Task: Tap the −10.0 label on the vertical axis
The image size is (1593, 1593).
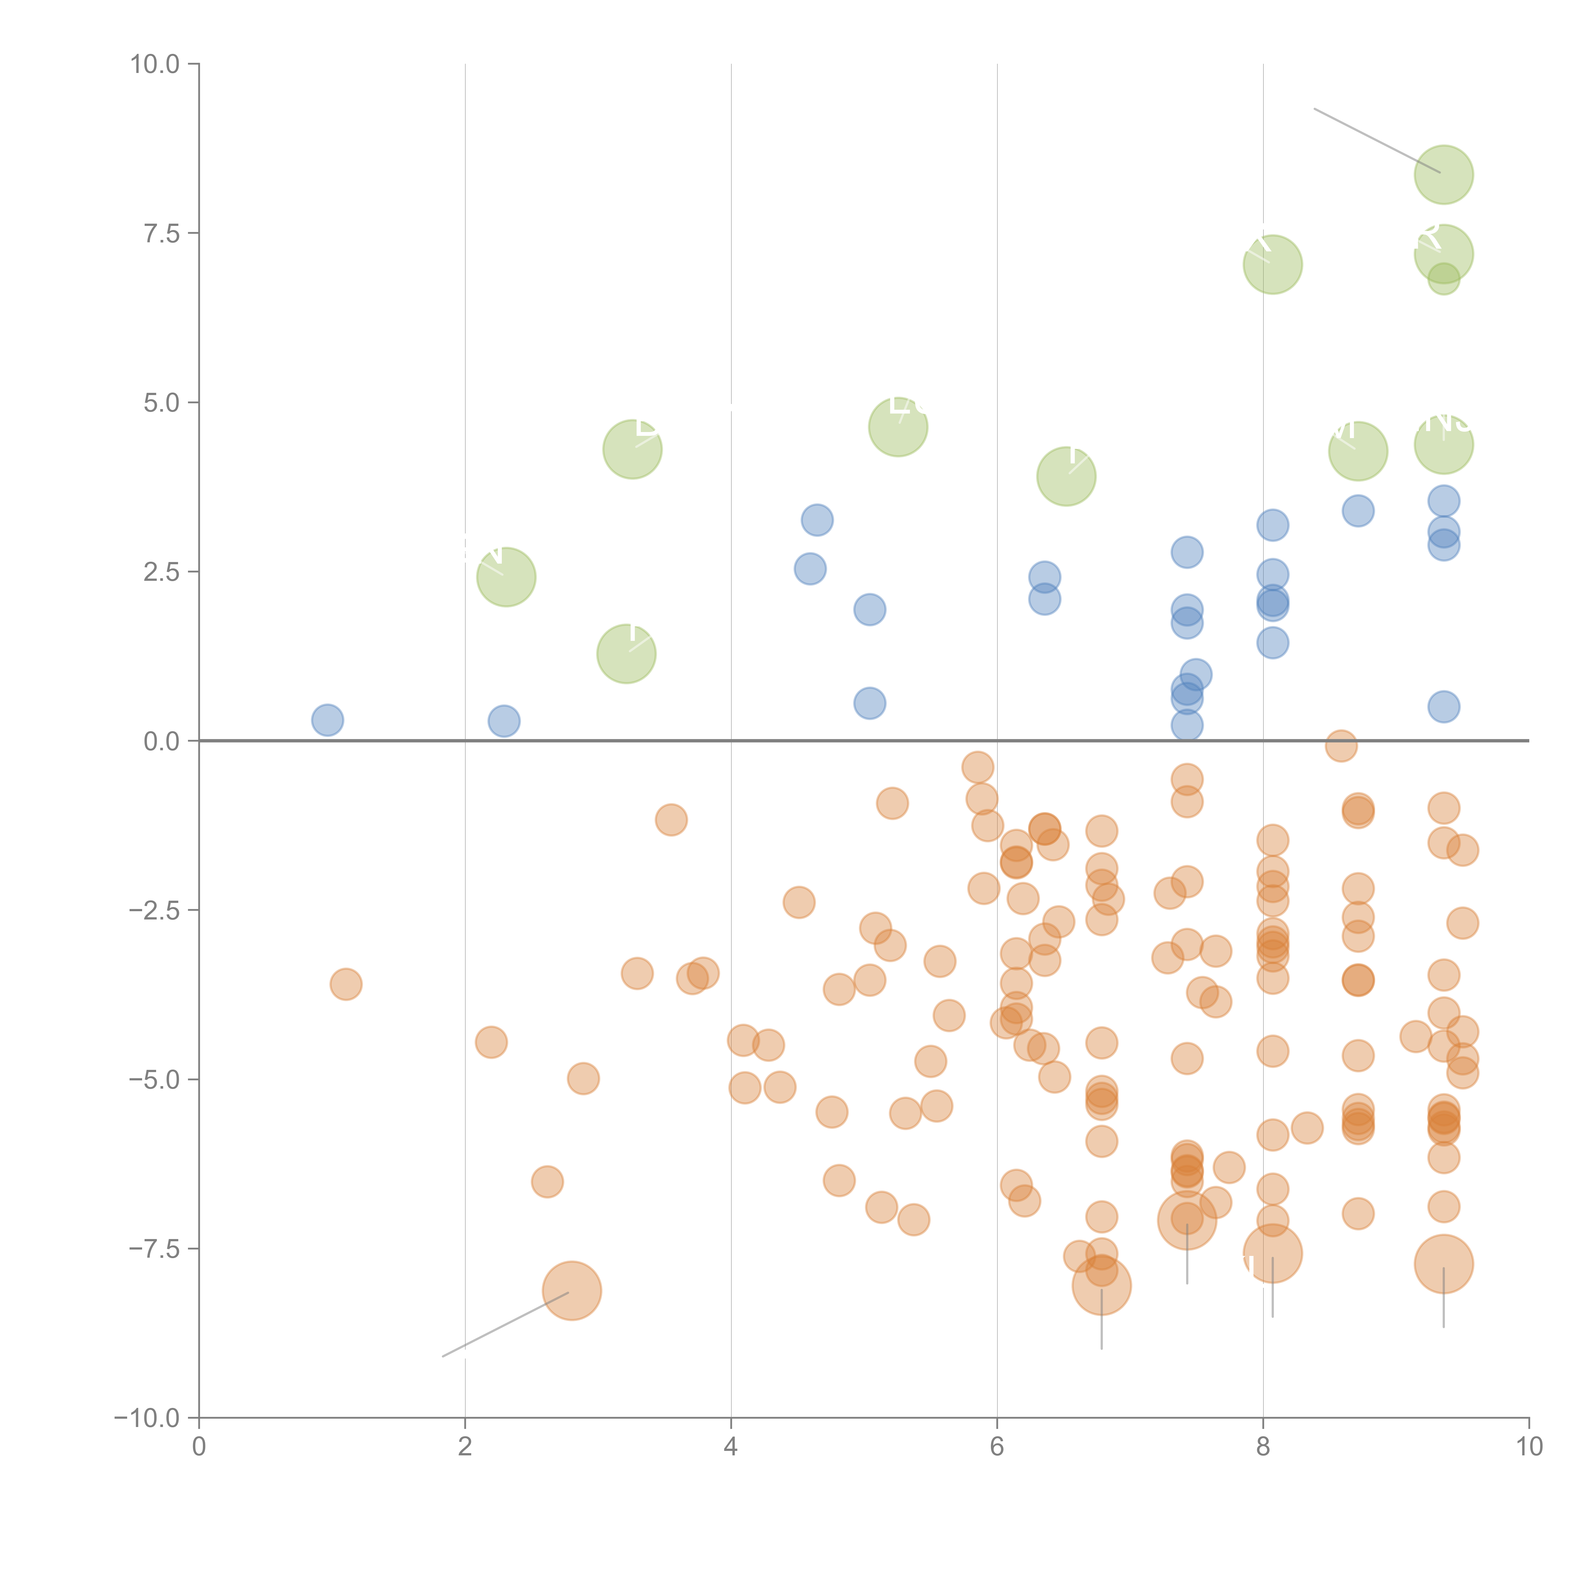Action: tap(147, 1418)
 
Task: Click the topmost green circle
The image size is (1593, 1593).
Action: tap(1443, 175)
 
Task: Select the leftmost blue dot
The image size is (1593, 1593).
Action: tap(327, 720)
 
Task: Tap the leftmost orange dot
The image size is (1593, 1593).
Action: tap(345, 984)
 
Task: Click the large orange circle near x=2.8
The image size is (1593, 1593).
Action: tap(571, 1290)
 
